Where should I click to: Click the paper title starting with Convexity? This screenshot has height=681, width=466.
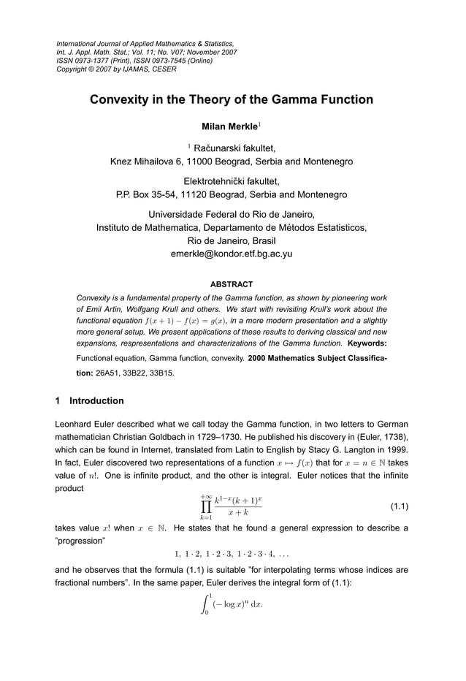point(231,99)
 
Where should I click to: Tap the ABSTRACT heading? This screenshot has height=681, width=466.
point(232,284)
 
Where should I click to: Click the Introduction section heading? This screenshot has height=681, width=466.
point(96,401)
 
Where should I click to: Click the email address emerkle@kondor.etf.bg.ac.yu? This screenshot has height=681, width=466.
point(232,254)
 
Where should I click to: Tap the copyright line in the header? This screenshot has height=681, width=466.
point(116,70)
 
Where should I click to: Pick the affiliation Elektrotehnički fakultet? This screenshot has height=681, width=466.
point(232,181)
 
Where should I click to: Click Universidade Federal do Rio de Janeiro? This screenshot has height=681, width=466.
point(232,214)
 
